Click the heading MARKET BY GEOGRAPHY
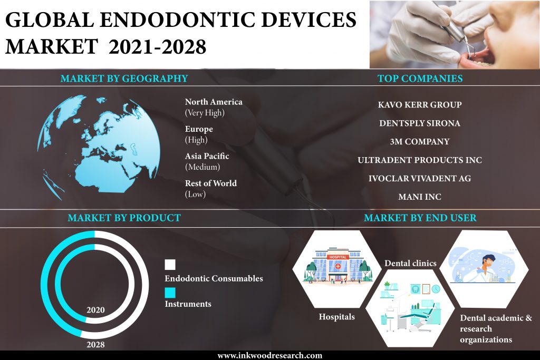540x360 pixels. [x=124, y=79]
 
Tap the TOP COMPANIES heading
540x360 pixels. [x=420, y=79]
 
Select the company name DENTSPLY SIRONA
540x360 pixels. [x=419, y=123]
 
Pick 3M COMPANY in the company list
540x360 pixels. [x=419, y=141]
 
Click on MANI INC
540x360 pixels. [x=419, y=197]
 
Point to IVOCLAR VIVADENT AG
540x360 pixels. [x=419, y=178]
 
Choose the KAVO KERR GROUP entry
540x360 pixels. [x=419, y=105]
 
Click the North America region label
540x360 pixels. [x=214, y=102]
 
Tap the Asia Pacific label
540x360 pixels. [x=207, y=156]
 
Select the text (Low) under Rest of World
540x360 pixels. [x=195, y=194]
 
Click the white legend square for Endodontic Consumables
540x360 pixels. [x=170, y=265]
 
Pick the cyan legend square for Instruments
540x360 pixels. [x=170, y=293]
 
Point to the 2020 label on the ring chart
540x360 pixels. [x=95, y=310]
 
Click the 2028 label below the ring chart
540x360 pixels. [x=95, y=345]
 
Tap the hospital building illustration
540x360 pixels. [x=337, y=265]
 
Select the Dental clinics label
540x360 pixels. [x=410, y=264]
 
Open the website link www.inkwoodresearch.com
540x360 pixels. [x=269, y=355]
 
